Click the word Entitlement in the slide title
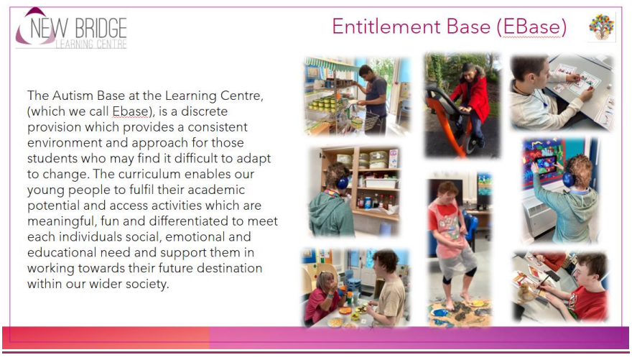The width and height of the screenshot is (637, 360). click(x=386, y=27)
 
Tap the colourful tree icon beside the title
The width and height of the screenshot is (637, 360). click(x=602, y=27)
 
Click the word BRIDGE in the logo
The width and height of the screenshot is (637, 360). click(x=101, y=29)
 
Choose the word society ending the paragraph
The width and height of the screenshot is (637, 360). click(x=147, y=285)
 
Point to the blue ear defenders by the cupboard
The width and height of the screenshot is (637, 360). click(x=342, y=182)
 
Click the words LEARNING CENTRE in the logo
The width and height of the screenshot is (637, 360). click(x=91, y=44)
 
